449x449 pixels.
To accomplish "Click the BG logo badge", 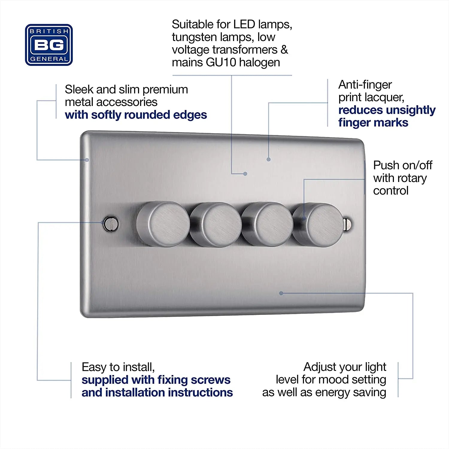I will coord(49,45).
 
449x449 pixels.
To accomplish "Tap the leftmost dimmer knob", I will coord(163,224).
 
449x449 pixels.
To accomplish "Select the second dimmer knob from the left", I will coord(216,224).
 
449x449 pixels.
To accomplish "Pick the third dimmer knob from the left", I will coord(267,224).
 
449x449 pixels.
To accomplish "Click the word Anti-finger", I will coord(365,85).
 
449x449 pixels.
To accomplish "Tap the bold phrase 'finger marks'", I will coord(373,123).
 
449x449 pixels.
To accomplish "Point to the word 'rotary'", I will coord(412,178).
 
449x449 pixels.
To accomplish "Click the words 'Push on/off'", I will coord(403,165).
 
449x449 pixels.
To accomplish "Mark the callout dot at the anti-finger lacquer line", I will coord(269,160).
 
